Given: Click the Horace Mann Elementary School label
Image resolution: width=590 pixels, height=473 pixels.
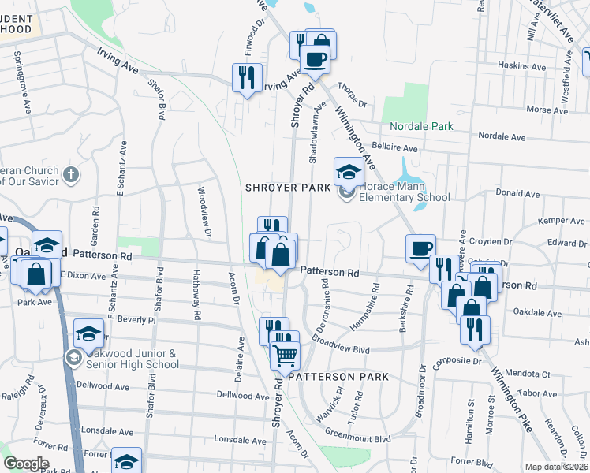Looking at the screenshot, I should coord(404,192).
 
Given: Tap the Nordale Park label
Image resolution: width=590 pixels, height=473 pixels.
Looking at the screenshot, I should coord(421,126).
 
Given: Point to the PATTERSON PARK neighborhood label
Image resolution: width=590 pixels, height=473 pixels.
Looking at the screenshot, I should coord(338,377).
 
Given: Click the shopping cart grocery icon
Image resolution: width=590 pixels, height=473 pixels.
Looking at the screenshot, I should coord(284,355).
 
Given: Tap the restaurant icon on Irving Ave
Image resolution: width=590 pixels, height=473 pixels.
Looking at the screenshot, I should coord(247,77).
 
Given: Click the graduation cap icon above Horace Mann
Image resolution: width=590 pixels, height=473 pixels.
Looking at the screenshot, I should coord(349,170).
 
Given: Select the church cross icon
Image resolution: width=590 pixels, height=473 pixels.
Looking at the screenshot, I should coord(71,174).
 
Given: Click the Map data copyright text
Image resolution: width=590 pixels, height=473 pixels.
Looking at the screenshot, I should coord(557,467).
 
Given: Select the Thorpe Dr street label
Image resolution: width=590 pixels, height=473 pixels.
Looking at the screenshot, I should coord(352,95).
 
